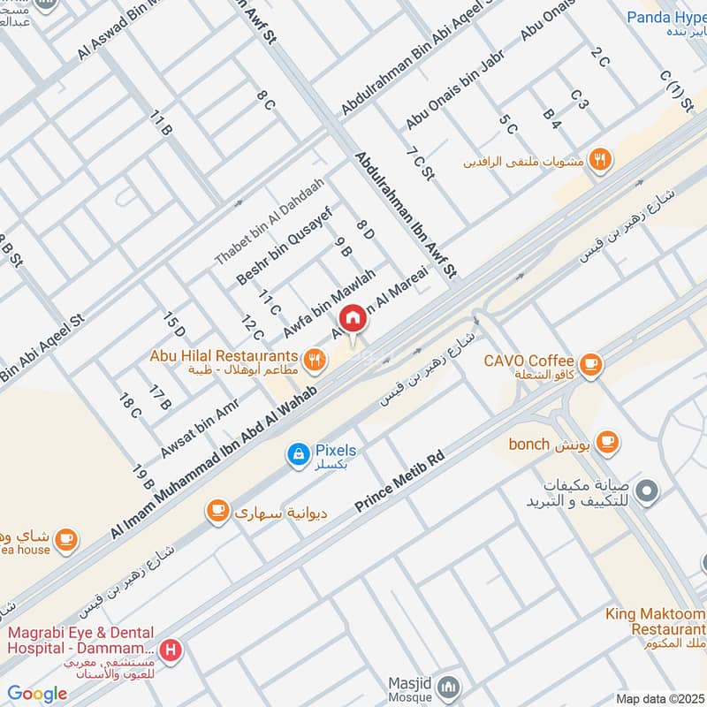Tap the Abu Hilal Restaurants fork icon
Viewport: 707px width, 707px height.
click(314, 359)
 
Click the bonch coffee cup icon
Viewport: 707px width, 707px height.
click(606, 441)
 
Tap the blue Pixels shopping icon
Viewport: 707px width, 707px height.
click(299, 454)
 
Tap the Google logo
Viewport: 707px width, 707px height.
click(36, 694)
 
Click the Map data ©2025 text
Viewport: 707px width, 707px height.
click(658, 698)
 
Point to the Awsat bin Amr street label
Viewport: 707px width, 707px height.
click(200, 427)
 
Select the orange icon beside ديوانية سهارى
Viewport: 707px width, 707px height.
click(217, 510)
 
